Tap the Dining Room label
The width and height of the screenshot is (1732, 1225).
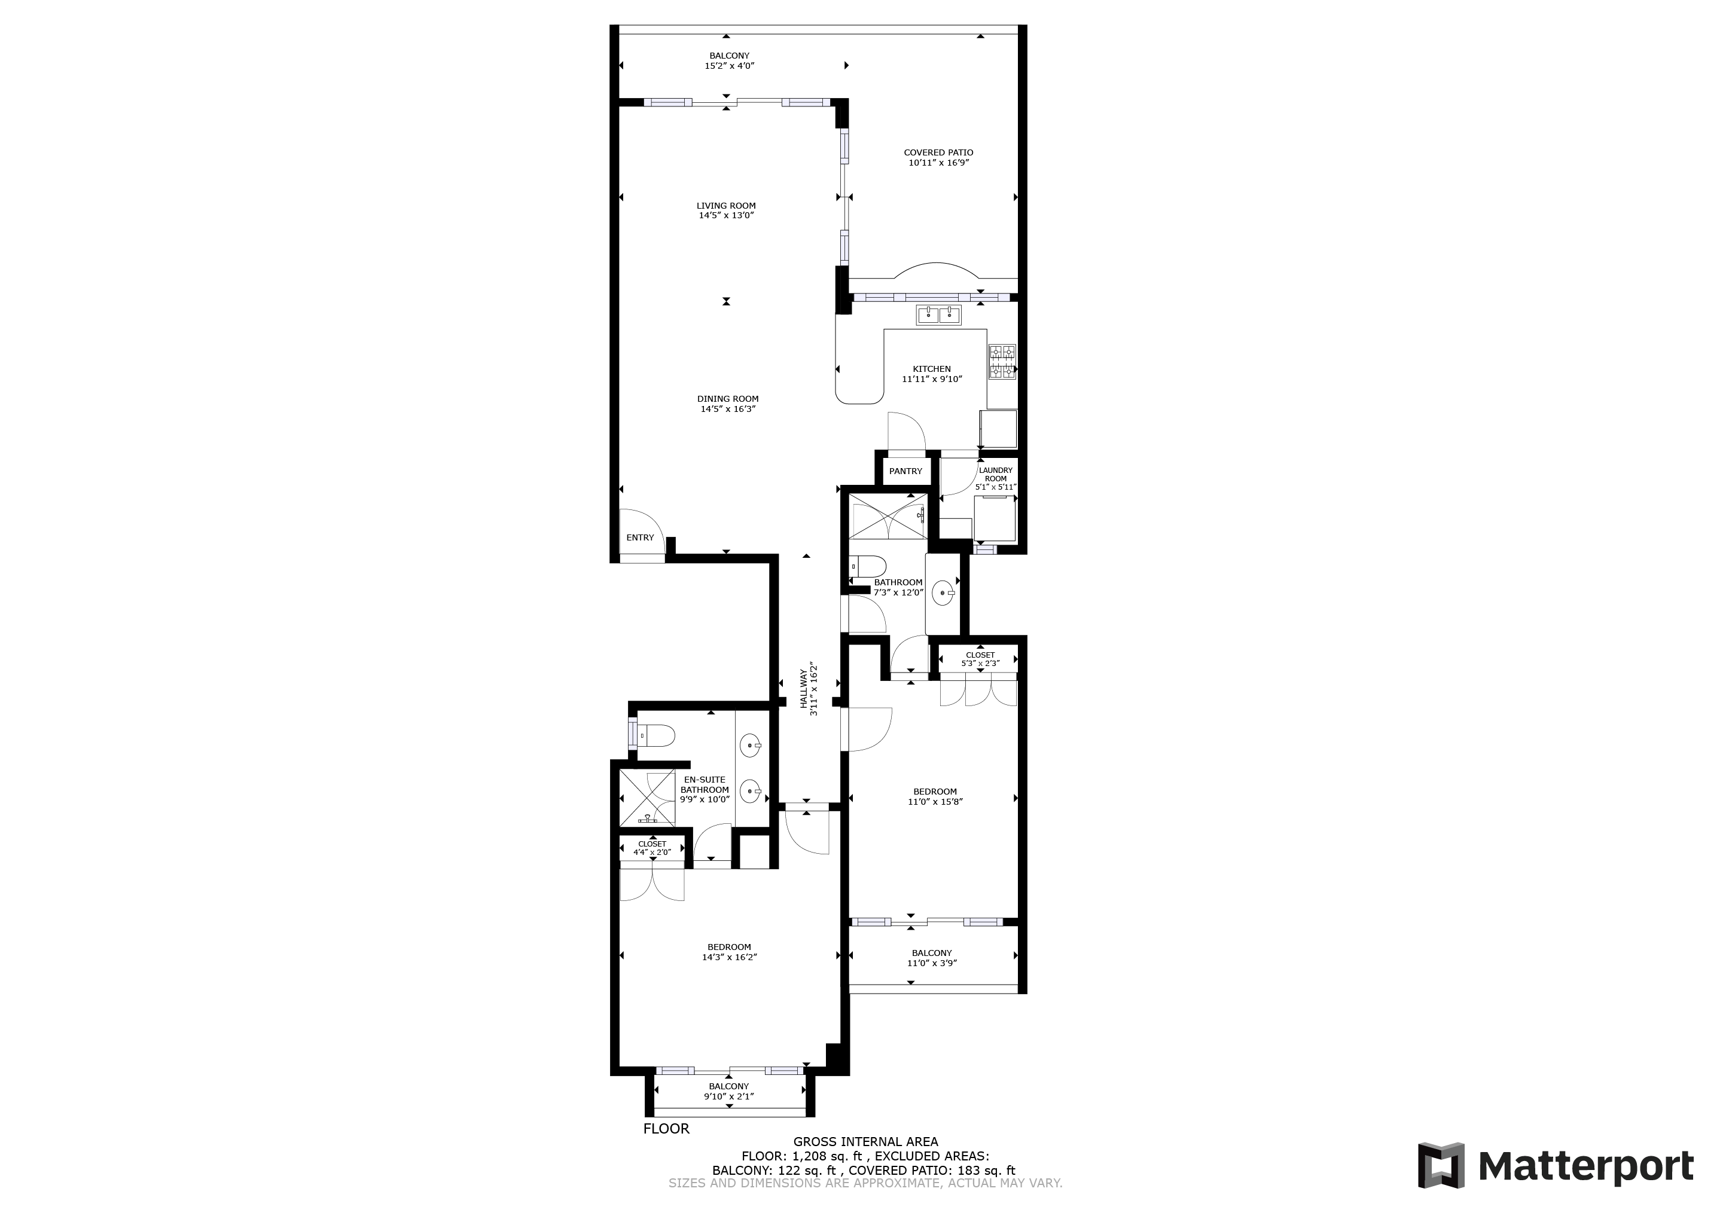pyautogui.click(x=728, y=399)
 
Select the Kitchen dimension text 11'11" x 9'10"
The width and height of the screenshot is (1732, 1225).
pyautogui.click(x=932, y=380)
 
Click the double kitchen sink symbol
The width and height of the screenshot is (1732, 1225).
pyautogui.click(x=938, y=315)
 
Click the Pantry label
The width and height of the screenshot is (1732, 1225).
pyautogui.click(x=905, y=472)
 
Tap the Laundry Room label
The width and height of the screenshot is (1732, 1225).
pyautogui.click(x=996, y=475)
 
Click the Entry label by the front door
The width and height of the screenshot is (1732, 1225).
pyautogui.click(x=640, y=538)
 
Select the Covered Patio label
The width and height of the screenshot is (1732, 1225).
pyautogui.click(x=938, y=153)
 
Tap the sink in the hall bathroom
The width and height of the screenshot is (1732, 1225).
pyautogui.click(x=944, y=593)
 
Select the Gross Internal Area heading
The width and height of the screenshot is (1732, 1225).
pyautogui.click(x=865, y=1142)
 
